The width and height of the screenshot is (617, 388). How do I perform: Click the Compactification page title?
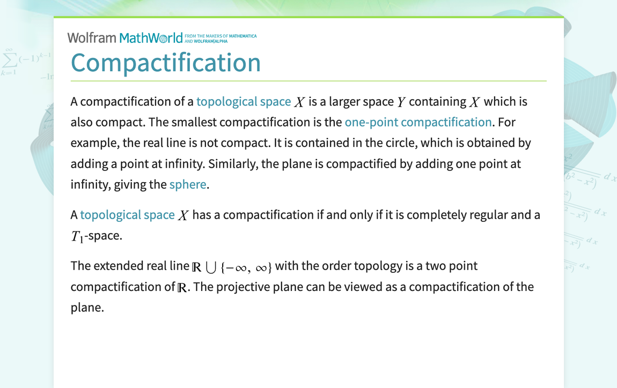pyautogui.click(x=165, y=62)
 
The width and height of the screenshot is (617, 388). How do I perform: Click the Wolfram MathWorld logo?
pyautogui.click(x=129, y=38)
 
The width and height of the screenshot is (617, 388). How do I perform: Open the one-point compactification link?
pyautogui.click(x=418, y=122)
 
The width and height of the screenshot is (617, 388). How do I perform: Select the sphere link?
pyautogui.click(x=188, y=184)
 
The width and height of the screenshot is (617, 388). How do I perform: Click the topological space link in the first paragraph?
pyautogui.click(x=244, y=102)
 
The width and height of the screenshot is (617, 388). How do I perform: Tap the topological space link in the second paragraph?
pyautogui.click(x=127, y=215)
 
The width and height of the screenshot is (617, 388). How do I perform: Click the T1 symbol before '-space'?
pyautogui.click(x=77, y=236)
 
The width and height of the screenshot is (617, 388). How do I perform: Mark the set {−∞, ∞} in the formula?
pyautogui.click(x=246, y=267)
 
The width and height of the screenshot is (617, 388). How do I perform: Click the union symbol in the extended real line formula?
pyautogui.click(x=211, y=267)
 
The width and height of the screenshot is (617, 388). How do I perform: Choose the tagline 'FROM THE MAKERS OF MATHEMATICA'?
pyautogui.click(x=220, y=36)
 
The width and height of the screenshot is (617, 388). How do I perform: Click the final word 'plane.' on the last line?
pyautogui.click(x=87, y=308)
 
